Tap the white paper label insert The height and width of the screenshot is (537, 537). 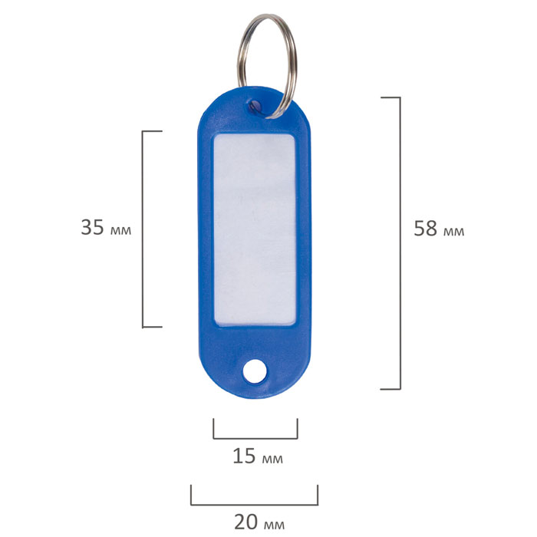255,229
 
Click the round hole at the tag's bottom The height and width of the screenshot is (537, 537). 255,371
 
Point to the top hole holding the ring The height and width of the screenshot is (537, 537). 255,107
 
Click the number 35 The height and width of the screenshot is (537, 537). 92,227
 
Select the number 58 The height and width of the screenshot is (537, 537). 425,228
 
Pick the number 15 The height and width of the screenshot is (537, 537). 244,456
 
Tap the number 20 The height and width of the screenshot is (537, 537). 245,522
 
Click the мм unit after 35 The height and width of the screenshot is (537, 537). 120,230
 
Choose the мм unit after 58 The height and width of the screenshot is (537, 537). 454,232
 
